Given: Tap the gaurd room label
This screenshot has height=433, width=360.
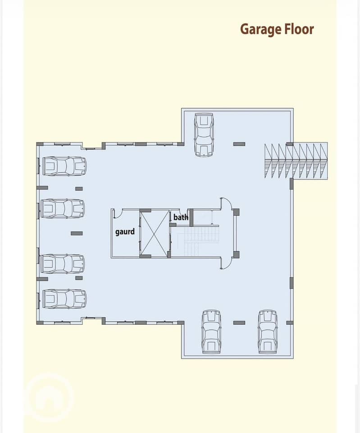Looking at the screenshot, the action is pos(125,232).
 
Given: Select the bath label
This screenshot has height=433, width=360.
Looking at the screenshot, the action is pos(181,217).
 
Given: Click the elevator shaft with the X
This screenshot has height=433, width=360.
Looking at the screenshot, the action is pos(154,234).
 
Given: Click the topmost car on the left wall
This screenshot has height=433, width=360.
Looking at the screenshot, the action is pos(64,166).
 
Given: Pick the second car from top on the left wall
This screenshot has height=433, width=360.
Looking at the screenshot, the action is pos(62,208).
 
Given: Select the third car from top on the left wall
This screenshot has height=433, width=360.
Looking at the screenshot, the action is pos(62,264).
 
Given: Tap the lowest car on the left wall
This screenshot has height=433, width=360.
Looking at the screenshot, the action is pos(64,299).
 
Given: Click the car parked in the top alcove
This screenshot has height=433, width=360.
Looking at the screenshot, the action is pos(204,135).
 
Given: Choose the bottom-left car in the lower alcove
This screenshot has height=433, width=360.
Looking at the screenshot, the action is pos(212,332).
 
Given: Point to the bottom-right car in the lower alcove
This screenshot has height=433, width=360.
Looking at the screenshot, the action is pos(268,332).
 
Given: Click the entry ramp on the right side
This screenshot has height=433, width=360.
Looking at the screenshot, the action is pos(296,161).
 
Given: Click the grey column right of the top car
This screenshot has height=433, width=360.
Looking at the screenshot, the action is pos(239,144).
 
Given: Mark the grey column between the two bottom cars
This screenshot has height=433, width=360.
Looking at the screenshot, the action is pos(239,322).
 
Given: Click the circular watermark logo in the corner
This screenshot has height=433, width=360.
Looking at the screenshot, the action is pos(49,397).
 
